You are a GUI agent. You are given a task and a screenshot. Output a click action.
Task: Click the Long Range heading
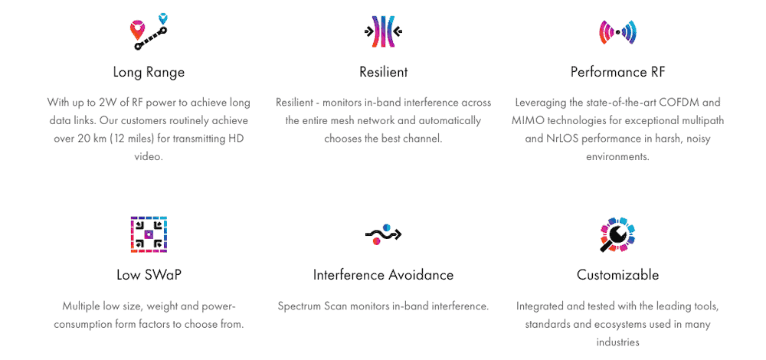149,72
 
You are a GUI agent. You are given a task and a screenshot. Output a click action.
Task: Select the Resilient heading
384,72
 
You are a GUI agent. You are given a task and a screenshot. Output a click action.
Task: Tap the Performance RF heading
617,72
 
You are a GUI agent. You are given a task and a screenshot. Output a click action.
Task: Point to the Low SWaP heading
149,274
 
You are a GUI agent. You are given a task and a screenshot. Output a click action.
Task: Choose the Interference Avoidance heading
384,274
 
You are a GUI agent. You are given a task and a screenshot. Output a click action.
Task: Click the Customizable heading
617,274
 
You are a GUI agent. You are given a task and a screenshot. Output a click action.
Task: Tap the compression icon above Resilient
384,31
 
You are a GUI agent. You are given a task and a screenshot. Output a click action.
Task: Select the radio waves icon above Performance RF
617,32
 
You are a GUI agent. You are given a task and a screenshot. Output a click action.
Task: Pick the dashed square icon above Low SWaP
149,234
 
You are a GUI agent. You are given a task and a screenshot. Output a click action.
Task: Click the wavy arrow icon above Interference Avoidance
384,234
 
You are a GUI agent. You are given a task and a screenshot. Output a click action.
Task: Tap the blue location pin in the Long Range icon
164,18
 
